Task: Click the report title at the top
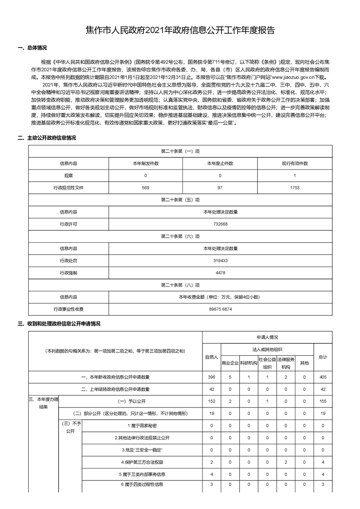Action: [x=180, y=30]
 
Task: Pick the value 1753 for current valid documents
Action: [x=295, y=187]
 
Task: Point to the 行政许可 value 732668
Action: [x=220, y=224]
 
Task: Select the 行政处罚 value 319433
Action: [x=220, y=261]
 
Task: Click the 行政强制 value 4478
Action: [x=220, y=273]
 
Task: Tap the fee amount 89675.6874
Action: [x=220, y=309]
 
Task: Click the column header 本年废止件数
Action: [x=220, y=163]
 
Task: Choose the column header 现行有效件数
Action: [x=295, y=163]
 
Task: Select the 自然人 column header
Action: [x=212, y=357]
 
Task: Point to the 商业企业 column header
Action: [x=230, y=363]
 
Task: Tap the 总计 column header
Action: [x=323, y=357]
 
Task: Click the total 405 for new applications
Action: [x=323, y=377]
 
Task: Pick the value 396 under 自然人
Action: [x=212, y=377]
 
